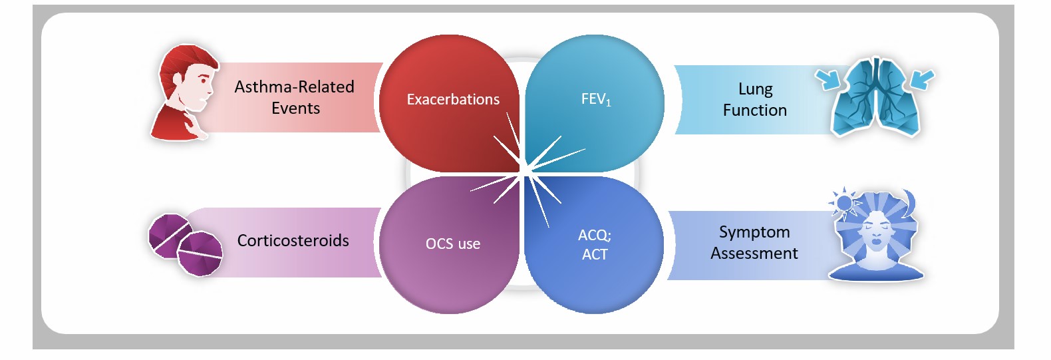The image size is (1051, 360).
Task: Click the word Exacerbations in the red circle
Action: click(453, 99)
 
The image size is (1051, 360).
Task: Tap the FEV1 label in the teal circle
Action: click(596, 99)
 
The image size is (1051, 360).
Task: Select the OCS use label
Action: click(453, 244)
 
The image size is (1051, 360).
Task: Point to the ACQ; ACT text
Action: click(595, 244)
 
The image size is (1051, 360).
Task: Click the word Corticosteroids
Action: click(293, 240)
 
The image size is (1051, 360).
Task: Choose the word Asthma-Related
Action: click(294, 87)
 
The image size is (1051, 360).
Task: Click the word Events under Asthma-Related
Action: click(295, 108)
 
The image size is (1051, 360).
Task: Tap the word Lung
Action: click(756, 89)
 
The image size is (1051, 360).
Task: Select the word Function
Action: click(755, 110)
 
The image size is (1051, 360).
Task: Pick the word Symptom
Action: click(754, 232)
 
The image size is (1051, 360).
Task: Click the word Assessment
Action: click(754, 253)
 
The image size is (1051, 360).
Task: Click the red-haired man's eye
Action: click(203, 81)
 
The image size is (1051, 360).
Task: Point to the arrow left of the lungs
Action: click(827, 79)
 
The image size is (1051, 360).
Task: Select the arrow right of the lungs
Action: click(923, 79)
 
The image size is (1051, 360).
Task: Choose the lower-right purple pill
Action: click(200, 254)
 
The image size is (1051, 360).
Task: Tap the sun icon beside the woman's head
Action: click(843, 204)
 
